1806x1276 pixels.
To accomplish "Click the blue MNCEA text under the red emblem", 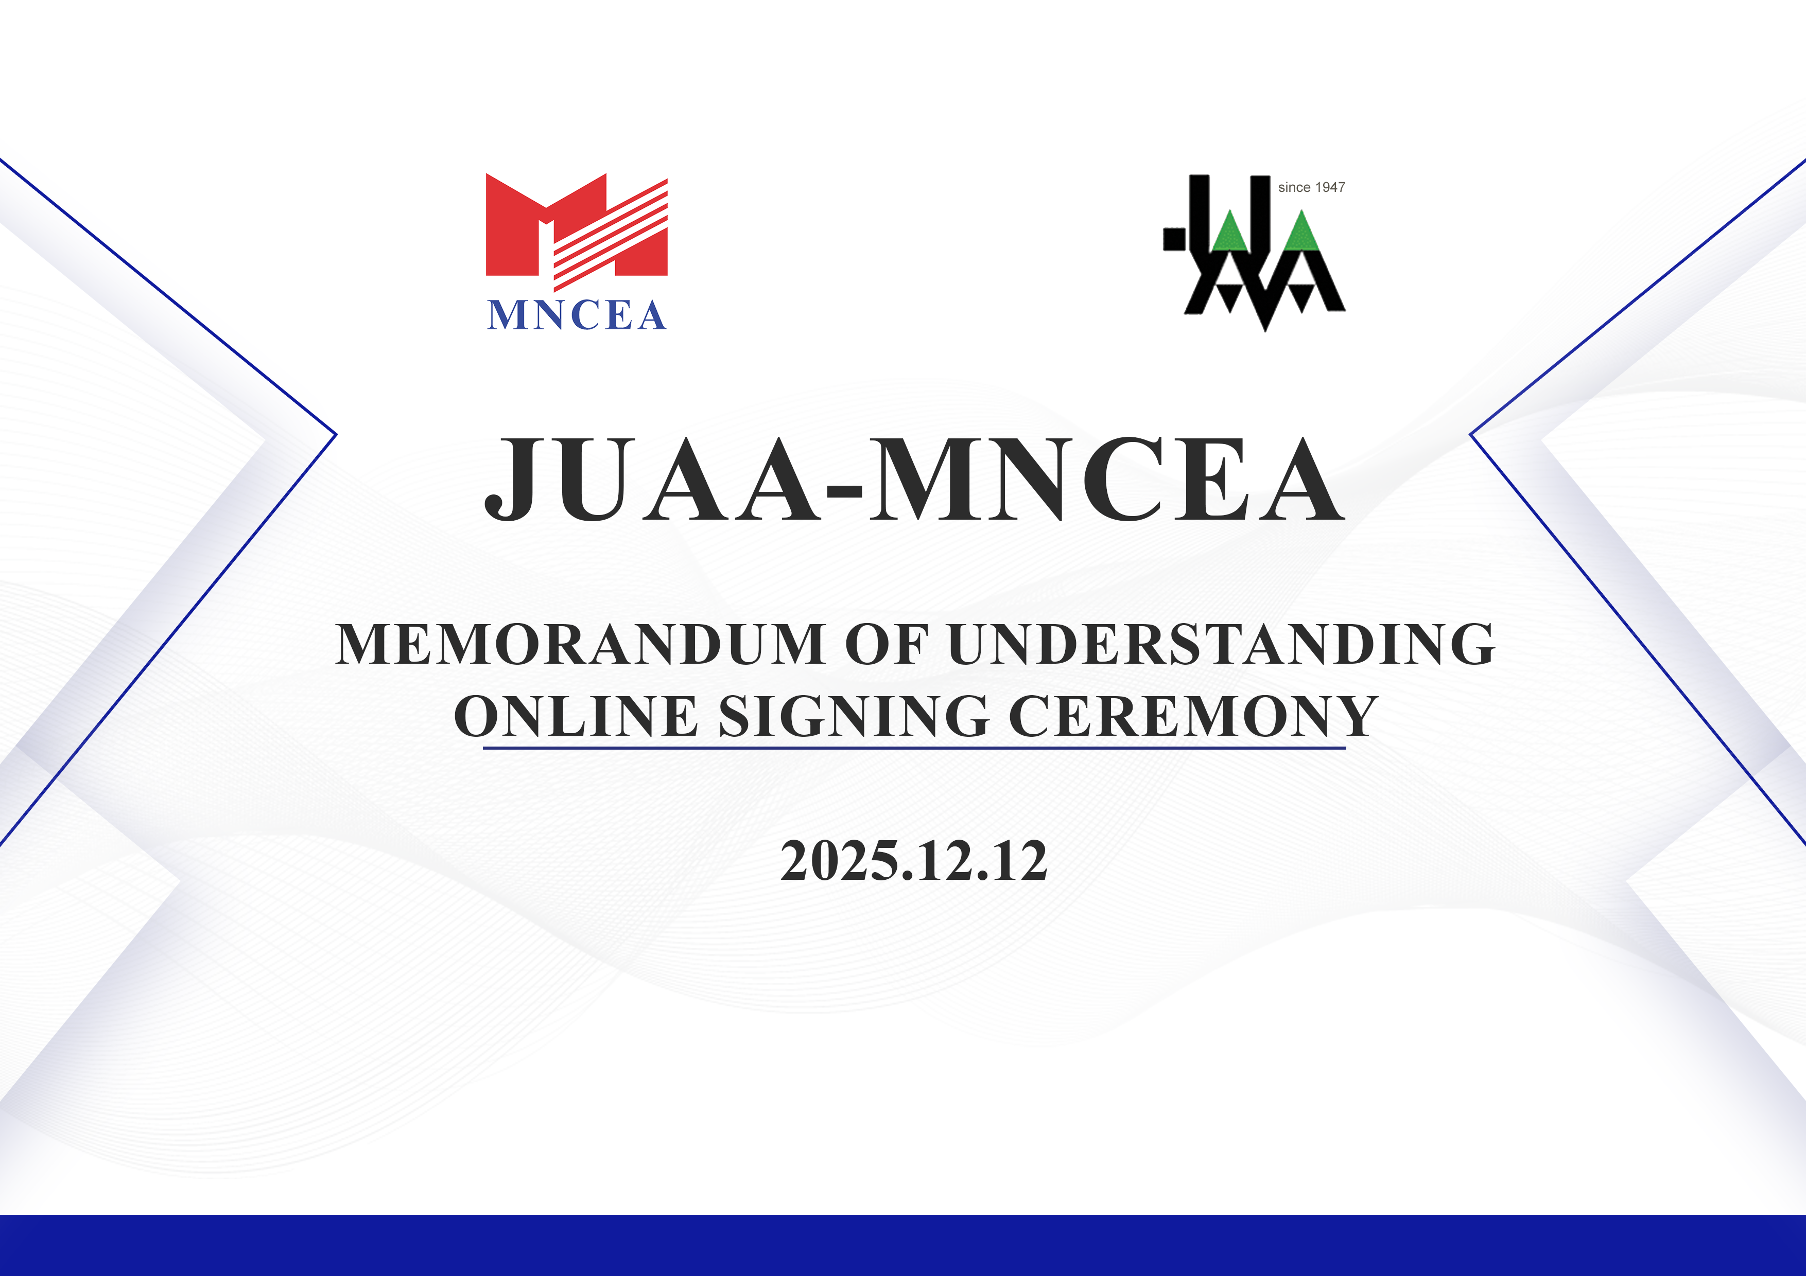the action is click(577, 315).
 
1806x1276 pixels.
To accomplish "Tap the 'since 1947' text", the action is click(1311, 187).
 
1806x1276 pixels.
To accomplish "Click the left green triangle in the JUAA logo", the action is click(1230, 231).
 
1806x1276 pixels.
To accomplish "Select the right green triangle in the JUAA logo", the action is click(1301, 231).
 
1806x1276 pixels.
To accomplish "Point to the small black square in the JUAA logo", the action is click(1174, 239).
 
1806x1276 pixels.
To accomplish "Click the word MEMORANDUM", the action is click(581, 645).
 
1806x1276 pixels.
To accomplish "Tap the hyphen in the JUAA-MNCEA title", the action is click(845, 493).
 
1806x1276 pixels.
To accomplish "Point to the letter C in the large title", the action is click(1122, 479).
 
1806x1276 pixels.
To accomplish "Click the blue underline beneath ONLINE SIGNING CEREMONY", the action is click(914, 748).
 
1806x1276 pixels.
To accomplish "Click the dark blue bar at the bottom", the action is click(903, 1245).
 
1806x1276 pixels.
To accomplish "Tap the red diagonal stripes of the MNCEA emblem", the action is click(611, 234).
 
